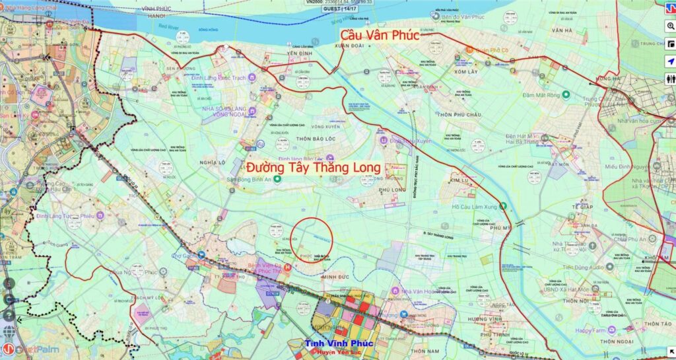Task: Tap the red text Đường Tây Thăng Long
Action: [313, 168]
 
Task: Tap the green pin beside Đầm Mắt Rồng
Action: [566, 95]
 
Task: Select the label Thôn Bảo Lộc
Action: [303, 137]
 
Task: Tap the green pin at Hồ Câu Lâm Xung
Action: [504, 206]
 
